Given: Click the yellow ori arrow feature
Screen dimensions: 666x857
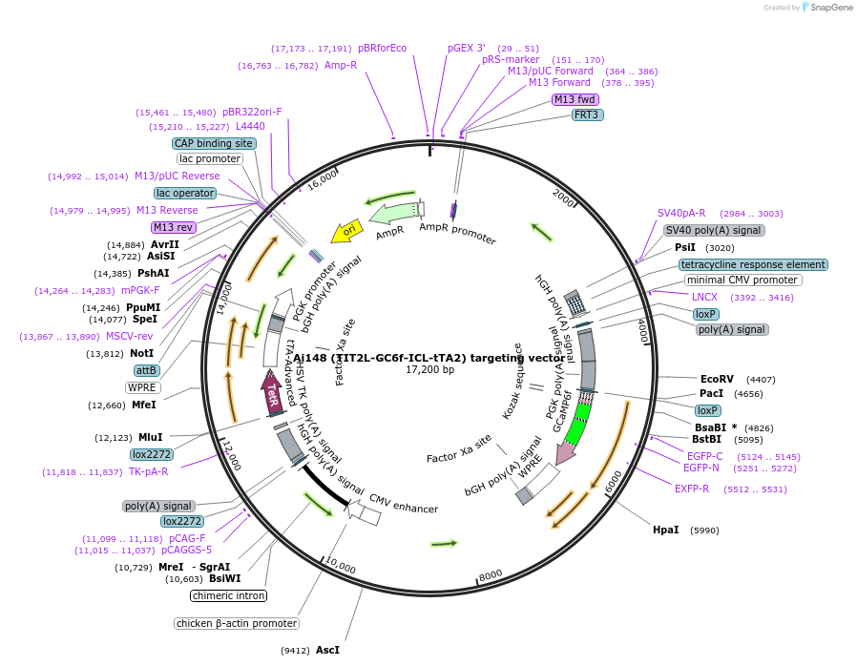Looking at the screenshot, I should pyautogui.click(x=346, y=231).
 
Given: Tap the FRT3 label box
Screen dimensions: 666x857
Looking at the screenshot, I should pyautogui.click(x=587, y=114).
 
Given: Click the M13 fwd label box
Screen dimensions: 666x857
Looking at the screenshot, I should pyautogui.click(x=575, y=99).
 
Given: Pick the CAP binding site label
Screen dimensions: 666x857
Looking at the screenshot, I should pyautogui.click(x=215, y=143).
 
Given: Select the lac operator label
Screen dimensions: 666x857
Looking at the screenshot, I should pyautogui.click(x=185, y=193).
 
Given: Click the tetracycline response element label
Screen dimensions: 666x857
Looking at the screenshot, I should pyautogui.click(x=753, y=264).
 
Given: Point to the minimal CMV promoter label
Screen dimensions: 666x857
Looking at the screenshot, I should pyautogui.click(x=742, y=280).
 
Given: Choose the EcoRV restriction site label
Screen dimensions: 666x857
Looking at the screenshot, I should pyautogui.click(x=717, y=379).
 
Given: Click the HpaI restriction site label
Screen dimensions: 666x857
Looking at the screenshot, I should pyautogui.click(x=665, y=530).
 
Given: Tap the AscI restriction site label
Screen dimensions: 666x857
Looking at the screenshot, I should pyautogui.click(x=327, y=650).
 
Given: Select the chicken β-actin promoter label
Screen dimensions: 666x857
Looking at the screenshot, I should pyautogui.click(x=237, y=623).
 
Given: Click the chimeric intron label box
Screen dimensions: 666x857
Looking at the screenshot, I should pyautogui.click(x=228, y=595).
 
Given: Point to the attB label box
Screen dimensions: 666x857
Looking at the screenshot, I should pyautogui.click(x=146, y=370).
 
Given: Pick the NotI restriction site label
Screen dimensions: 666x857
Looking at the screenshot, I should pyautogui.click(x=141, y=353).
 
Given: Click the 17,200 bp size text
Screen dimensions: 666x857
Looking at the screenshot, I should pyautogui.click(x=429, y=369).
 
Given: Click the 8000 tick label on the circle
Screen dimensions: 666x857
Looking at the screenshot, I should pyautogui.click(x=491, y=574).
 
